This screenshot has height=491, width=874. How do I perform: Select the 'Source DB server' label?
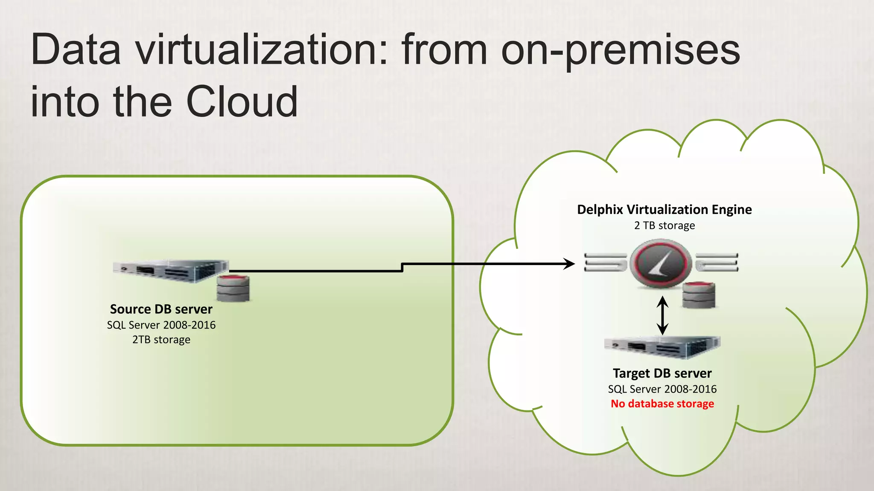161,309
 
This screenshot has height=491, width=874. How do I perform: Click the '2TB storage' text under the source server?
161,340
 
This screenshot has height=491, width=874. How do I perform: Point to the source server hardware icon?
171,271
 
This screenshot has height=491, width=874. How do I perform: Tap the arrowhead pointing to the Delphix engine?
569,264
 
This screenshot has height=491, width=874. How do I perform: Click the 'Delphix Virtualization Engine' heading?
664,209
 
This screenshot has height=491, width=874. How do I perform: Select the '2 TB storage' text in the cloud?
664,225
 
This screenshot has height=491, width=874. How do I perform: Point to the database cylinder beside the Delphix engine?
699,295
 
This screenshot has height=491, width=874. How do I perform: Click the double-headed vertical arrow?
662,315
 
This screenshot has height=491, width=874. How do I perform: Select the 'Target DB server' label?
662,373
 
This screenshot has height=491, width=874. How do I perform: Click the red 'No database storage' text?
662,404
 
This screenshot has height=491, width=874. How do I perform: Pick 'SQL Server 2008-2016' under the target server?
662,389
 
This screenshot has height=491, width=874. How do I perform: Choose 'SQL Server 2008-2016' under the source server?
161,325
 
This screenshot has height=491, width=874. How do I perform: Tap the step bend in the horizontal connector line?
402,267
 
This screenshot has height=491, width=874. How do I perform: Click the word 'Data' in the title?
76,50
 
